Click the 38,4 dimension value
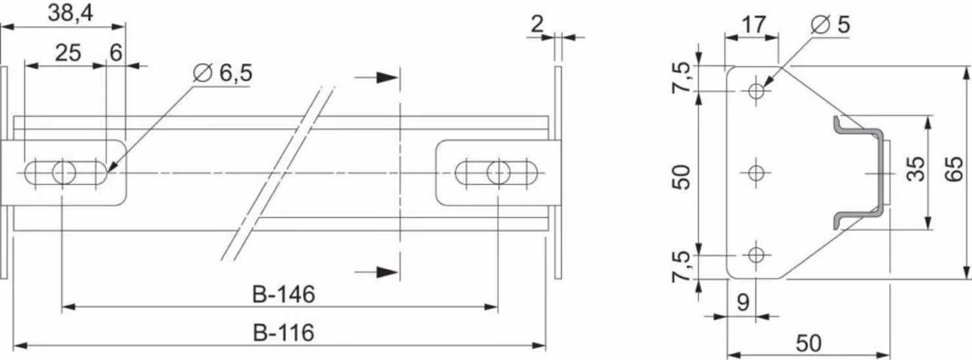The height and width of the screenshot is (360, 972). tap(70, 13)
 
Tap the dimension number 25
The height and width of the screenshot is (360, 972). tap(68, 53)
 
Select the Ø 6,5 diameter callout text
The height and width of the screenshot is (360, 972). tap(222, 72)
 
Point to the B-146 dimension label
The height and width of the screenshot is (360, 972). tap(283, 294)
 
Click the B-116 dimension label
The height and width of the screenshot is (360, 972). tap(283, 333)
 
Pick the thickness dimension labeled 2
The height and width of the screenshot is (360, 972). tap(537, 24)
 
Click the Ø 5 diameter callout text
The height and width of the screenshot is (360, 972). tap(830, 24)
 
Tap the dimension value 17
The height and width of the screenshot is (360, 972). tap(754, 25)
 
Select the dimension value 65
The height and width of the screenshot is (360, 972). tap(954, 169)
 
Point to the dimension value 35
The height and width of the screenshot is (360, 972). tap(916, 169)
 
